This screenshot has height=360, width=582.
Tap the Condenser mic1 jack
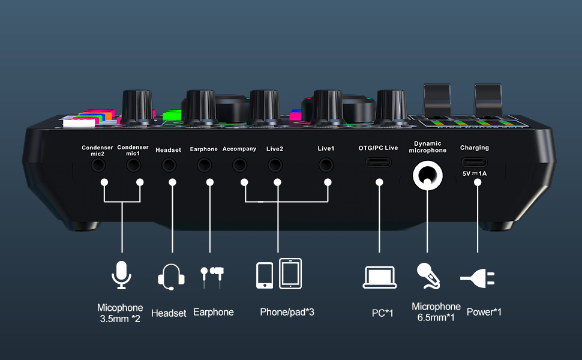click(x=133, y=163)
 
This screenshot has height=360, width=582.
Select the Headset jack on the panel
click(x=168, y=163)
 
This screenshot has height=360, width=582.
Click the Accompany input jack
click(x=239, y=163)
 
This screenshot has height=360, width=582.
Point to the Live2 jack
click(x=275, y=163)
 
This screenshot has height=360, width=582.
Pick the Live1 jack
click(x=326, y=163)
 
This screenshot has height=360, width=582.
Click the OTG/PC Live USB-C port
click(x=379, y=163)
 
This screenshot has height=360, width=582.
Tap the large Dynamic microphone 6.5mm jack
click(x=427, y=175)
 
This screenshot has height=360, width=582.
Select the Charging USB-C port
click(x=475, y=163)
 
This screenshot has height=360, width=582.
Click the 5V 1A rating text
click(x=475, y=173)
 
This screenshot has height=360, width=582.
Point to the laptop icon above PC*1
click(x=380, y=277)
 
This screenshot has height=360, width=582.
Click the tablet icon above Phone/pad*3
click(x=290, y=274)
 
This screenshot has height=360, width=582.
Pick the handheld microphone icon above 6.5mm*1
click(x=429, y=275)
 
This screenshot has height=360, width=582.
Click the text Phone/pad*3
click(x=287, y=312)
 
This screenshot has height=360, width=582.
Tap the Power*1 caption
click(x=484, y=312)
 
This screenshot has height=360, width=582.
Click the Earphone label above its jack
click(x=204, y=149)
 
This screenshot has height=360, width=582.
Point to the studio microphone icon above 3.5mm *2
click(x=121, y=275)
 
